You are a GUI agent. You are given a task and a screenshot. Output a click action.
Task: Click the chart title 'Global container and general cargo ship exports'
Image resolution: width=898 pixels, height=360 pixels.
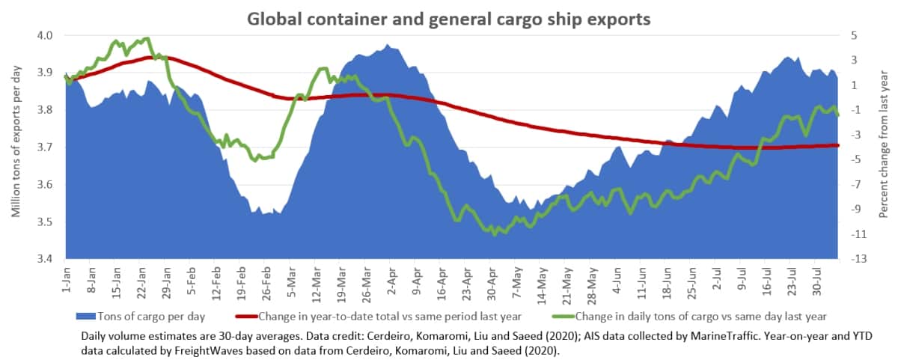click(448, 19)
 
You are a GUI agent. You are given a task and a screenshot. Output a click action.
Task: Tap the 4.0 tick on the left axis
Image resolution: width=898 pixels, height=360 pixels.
click(44, 35)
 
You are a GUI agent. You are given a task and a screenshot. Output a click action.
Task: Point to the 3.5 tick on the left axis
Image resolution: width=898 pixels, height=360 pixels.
click(44, 222)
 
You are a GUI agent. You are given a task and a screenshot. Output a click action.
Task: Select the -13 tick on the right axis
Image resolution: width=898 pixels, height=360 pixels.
click(859, 259)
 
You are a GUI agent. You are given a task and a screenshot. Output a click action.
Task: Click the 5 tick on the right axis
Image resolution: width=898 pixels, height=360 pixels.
click(854, 35)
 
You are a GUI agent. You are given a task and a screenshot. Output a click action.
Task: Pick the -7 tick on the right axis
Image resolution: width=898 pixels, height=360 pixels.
click(856, 184)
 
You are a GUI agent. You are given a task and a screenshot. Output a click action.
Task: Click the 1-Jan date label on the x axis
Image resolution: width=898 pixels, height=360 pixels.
click(66, 279)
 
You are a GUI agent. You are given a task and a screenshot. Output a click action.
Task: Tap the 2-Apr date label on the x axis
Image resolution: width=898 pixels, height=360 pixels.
click(391, 281)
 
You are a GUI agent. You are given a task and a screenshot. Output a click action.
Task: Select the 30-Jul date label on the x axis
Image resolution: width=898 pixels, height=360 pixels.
click(816, 281)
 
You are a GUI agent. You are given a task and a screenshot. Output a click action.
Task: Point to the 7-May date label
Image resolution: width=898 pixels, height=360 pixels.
click(517, 282)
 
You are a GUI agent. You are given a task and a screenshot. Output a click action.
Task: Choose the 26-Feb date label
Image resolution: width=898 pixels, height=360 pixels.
click(266, 284)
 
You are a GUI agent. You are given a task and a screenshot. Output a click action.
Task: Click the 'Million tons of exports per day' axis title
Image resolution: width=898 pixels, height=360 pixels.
click(16, 141)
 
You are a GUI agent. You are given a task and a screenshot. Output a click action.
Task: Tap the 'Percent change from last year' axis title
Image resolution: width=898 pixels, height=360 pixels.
click(884, 144)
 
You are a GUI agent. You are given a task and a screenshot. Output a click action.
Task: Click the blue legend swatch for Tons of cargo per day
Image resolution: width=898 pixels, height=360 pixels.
click(86, 317)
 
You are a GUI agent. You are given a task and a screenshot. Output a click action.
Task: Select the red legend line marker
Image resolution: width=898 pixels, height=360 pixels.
click(246, 317)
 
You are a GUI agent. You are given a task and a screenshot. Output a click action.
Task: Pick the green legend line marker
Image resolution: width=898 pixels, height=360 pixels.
click(563, 317)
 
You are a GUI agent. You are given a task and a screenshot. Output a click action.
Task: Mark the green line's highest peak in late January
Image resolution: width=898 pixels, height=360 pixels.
click(147, 38)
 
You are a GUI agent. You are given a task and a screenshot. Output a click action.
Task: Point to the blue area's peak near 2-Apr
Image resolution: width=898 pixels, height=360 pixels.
click(388, 45)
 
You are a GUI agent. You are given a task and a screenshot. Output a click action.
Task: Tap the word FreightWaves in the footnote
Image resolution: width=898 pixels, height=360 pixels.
click(209, 351)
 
